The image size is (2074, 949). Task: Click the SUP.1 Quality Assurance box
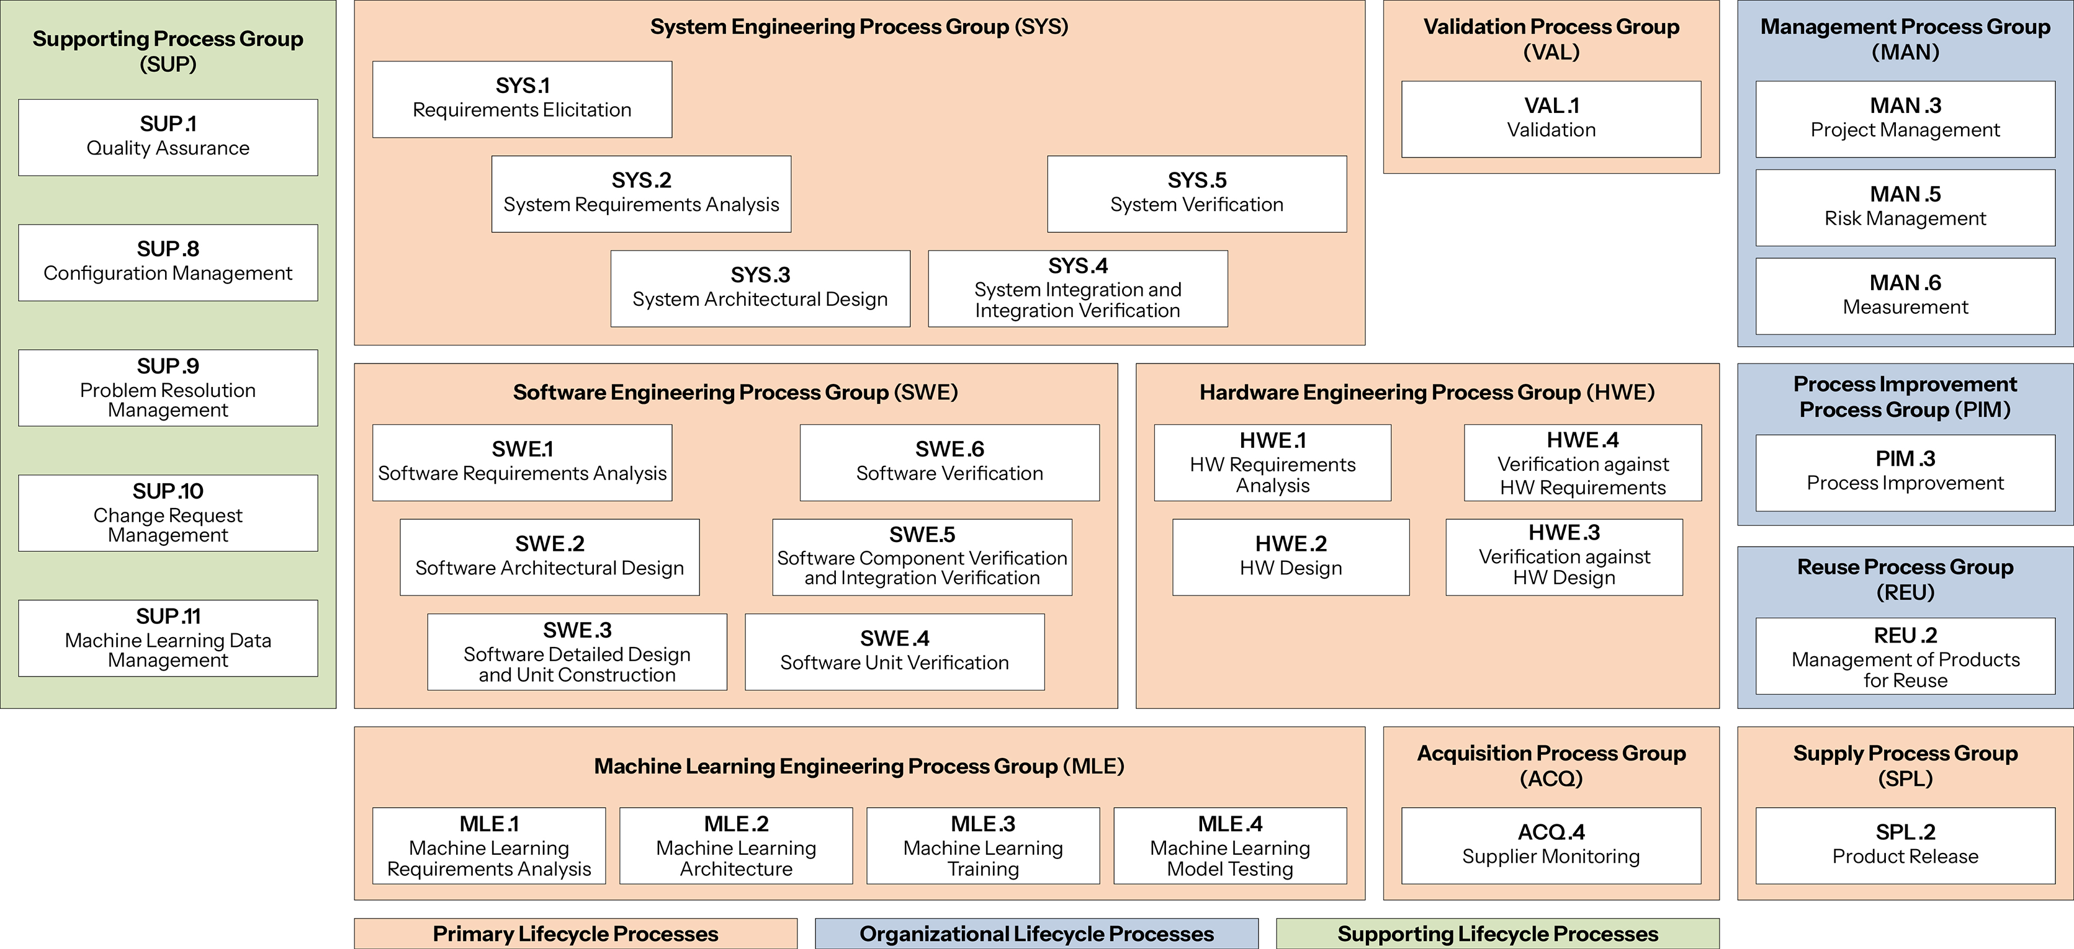click(168, 137)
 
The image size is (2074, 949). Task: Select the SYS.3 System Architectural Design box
click(760, 288)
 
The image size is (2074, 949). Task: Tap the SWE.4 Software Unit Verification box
click(894, 651)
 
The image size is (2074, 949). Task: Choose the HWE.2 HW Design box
click(1291, 556)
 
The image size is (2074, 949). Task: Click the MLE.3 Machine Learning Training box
click(982, 845)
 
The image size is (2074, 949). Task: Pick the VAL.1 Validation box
click(1551, 118)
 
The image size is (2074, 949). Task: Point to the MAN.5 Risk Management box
click(1905, 207)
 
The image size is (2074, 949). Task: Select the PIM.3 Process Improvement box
click(1905, 471)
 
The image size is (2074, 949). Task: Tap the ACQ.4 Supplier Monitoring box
click(1551, 845)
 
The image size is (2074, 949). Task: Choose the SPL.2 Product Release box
click(1905, 845)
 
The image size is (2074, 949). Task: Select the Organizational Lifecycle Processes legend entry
click(1036, 933)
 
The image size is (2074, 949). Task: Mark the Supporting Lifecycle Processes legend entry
click(1497, 933)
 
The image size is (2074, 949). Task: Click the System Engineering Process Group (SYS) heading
click(859, 27)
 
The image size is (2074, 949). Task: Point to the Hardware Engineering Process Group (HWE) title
click(1427, 392)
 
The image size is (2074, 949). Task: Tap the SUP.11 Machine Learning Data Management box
click(168, 638)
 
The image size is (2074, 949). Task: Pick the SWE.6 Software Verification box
click(949, 462)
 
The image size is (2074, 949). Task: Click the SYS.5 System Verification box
click(1196, 193)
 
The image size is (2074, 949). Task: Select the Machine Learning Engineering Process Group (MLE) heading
click(859, 765)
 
